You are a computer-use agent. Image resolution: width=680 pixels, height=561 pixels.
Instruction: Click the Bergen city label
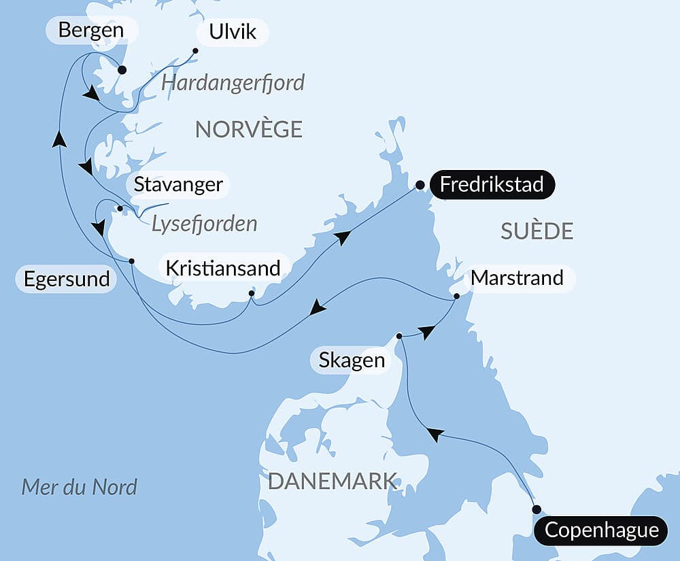[x=91, y=30]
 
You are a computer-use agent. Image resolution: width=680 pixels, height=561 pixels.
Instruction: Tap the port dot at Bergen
[x=122, y=69]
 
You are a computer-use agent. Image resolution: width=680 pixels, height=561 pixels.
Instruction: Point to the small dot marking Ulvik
[x=195, y=50]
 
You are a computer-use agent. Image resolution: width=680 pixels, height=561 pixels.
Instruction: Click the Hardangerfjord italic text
[x=233, y=83]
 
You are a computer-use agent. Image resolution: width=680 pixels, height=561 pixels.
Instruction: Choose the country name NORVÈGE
[x=248, y=129]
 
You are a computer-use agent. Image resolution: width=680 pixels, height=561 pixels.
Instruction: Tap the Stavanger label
[x=178, y=184]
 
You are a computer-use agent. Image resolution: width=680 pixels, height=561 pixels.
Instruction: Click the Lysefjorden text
[x=204, y=224]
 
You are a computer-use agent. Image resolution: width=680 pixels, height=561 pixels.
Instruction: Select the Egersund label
[x=67, y=279]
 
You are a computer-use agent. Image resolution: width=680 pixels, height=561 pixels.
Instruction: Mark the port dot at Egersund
[x=131, y=261]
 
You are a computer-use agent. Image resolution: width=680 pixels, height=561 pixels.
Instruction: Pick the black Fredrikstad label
[x=492, y=184]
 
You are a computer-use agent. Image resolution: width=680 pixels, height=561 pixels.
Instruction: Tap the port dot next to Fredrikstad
[x=420, y=184]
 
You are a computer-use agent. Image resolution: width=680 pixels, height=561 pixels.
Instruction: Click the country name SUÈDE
[x=537, y=231]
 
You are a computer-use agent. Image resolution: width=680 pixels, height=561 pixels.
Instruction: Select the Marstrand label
[x=517, y=278]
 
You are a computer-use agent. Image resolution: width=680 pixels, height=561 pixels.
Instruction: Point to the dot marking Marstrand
[x=457, y=296]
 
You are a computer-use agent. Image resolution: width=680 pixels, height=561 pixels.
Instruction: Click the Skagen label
[x=352, y=360]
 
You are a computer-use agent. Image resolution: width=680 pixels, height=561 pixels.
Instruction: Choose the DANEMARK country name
[x=332, y=481]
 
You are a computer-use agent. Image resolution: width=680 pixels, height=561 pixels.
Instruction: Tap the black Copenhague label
[x=602, y=530]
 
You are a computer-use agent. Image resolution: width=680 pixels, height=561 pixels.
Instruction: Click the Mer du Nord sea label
[x=80, y=487]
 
